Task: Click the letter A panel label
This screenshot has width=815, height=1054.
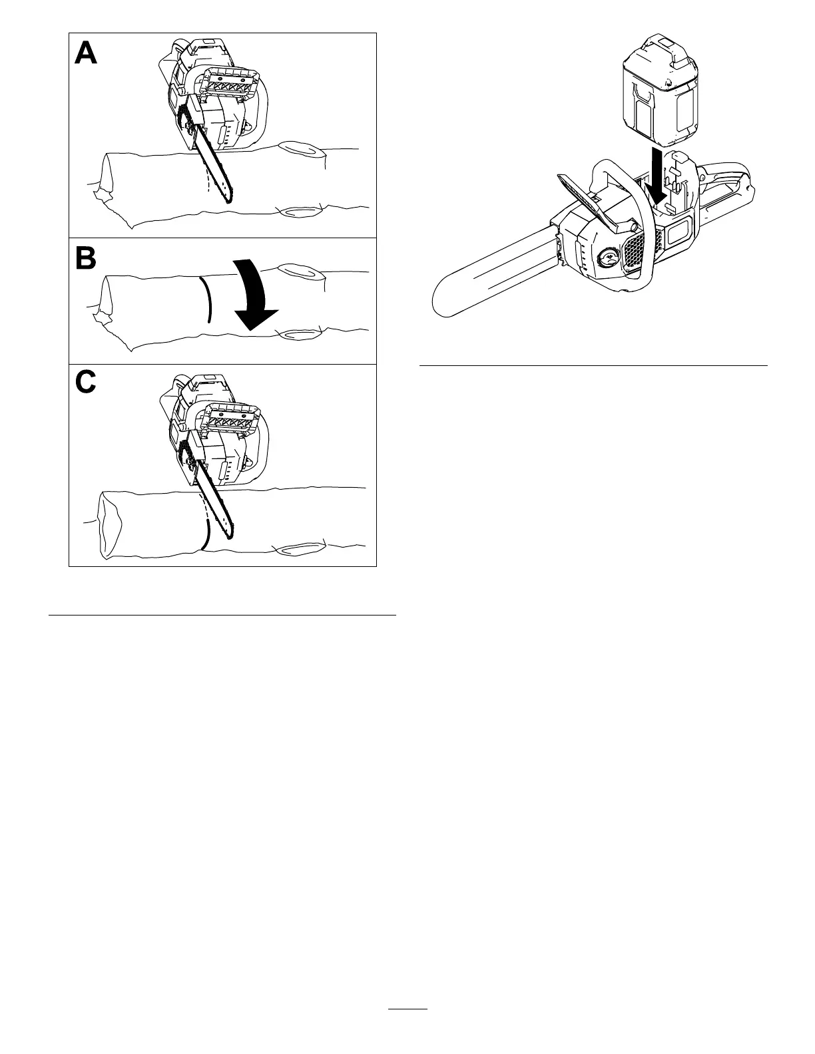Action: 86,53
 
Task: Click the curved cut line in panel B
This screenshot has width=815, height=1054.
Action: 207,299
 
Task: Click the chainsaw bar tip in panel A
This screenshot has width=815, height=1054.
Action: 228,200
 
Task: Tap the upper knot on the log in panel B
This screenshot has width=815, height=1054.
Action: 302,271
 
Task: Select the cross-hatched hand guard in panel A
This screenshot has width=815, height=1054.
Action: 232,85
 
